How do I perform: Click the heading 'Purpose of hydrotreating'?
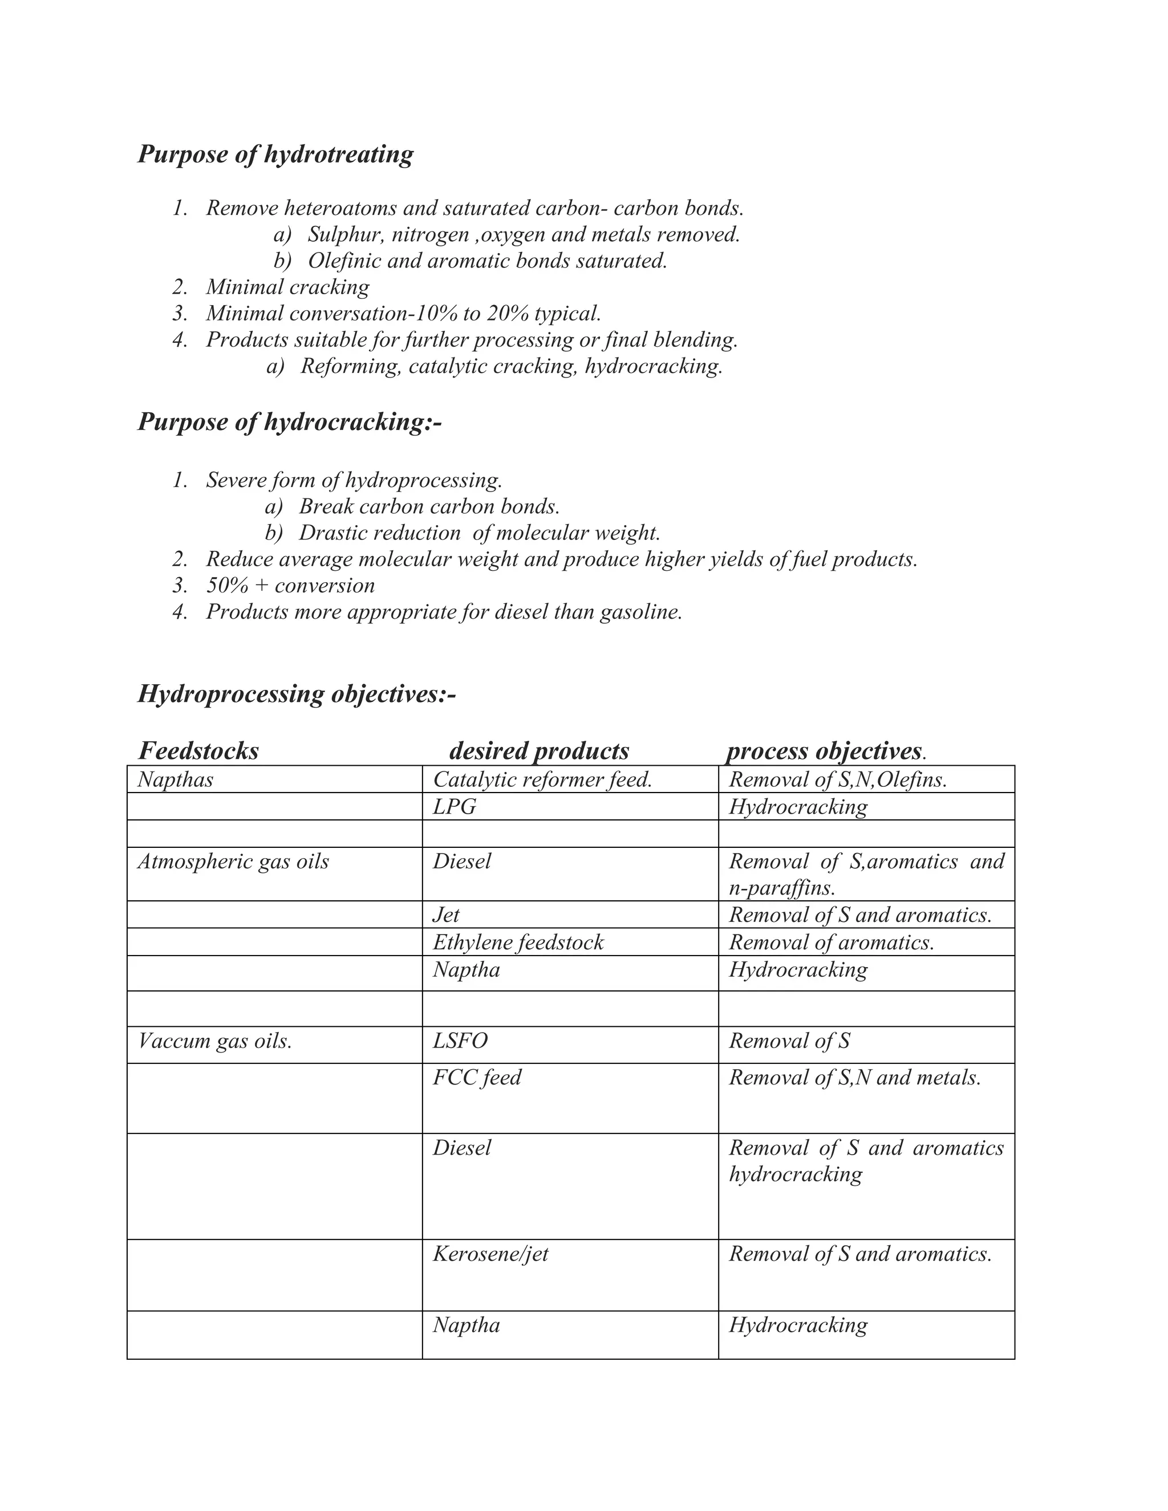tap(275, 153)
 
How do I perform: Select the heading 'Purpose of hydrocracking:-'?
tap(289, 421)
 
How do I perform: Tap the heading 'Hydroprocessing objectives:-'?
tap(297, 693)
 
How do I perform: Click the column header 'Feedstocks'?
tap(198, 751)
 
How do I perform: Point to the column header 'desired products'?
tap(539, 751)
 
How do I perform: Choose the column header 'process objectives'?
tap(824, 751)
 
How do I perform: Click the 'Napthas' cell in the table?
tap(176, 779)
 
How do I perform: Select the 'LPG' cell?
tap(455, 807)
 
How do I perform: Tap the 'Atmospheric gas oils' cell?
tap(233, 862)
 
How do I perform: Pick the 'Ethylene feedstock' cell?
tap(518, 943)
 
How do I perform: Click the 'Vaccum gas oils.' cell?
tap(215, 1041)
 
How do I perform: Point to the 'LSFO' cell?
tap(460, 1041)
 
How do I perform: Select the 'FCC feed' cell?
tap(477, 1077)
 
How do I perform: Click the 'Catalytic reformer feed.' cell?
tap(542, 779)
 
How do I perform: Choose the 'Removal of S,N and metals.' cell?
tap(854, 1077)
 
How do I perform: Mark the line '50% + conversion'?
tap(291, 586)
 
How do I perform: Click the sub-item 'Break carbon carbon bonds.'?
tap(429, 506)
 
